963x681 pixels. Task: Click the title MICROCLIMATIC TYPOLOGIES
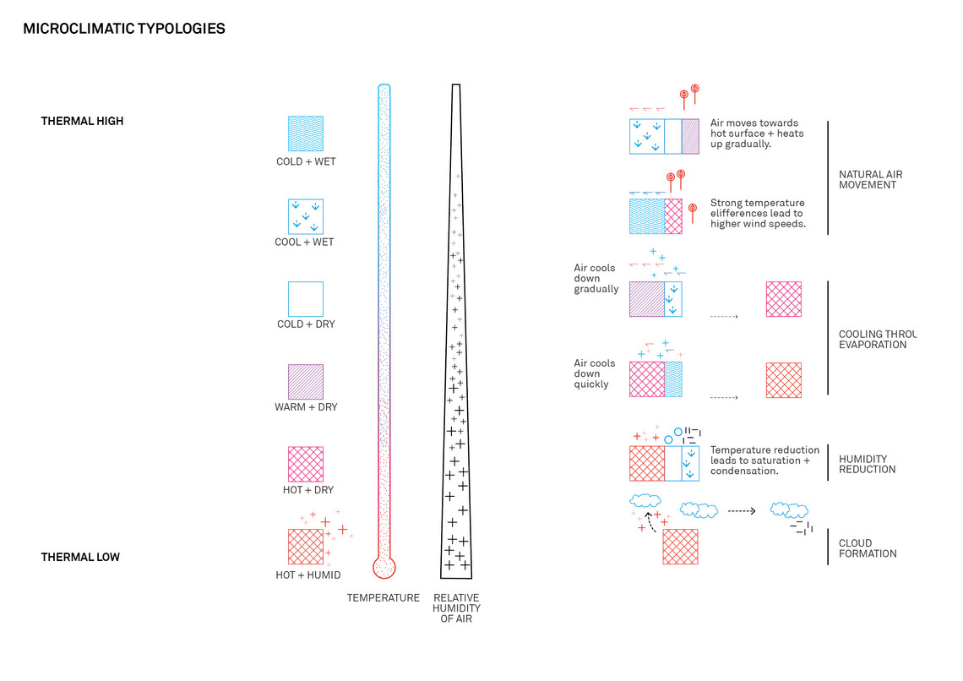(x=124, y=29)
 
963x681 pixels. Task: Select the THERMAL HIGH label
(x=82, y=121)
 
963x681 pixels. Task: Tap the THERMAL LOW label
(x=80, y=557)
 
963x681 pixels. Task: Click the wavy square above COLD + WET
(x=306, y=133)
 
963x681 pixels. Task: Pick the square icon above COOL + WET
(x=306, y=217)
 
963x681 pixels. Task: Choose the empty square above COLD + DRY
(x=306, y=299)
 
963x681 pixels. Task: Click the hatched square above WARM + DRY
(x=306, y=382)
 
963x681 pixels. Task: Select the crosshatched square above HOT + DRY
(x=306, y=464)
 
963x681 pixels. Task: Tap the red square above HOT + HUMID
(x=306, y=547)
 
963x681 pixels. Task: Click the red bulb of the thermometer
(x=384, y=568)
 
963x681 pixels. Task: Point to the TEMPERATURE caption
(x=384, y=597)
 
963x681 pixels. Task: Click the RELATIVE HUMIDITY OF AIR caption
(x=456, y=608)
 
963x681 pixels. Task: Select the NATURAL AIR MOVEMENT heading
(x=871, y=179)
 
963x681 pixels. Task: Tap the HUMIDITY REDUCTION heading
(x=868, y=464)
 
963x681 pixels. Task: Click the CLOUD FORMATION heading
(x=868, y=548)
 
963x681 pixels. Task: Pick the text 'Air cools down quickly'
(x=595, y=373)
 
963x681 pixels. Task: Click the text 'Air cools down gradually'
(x=596, y=278)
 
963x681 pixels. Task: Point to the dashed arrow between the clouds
(x=742, y=511)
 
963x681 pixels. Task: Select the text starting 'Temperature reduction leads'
(x=764, y=460)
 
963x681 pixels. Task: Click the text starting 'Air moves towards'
(x=757, y=133)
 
